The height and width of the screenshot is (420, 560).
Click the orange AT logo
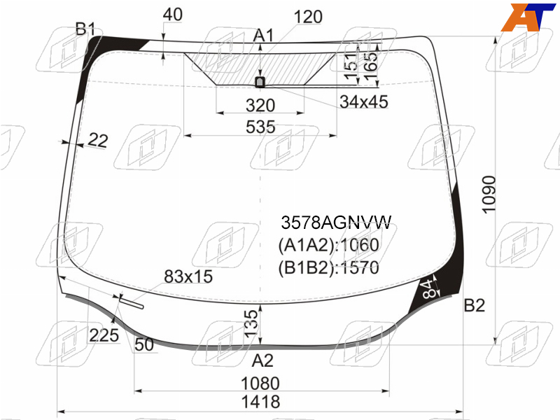click(x=528, y=17)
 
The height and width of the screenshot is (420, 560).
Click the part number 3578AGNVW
click(x=336, y=223)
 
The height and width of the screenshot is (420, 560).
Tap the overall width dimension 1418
click(x=260, y=402)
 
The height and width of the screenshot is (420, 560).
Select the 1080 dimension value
click(x=260, y=384)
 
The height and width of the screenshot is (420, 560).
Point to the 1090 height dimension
click(x=489, y=195)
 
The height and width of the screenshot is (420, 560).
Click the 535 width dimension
click(x=260, y=127)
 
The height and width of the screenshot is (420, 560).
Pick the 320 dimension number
click(x=260, y=106)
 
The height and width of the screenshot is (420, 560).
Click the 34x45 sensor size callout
click(x=363, y=101)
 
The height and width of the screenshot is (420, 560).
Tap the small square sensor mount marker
click(x=260, y=82)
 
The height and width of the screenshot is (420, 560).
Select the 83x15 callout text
click(x=188, y=276)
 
